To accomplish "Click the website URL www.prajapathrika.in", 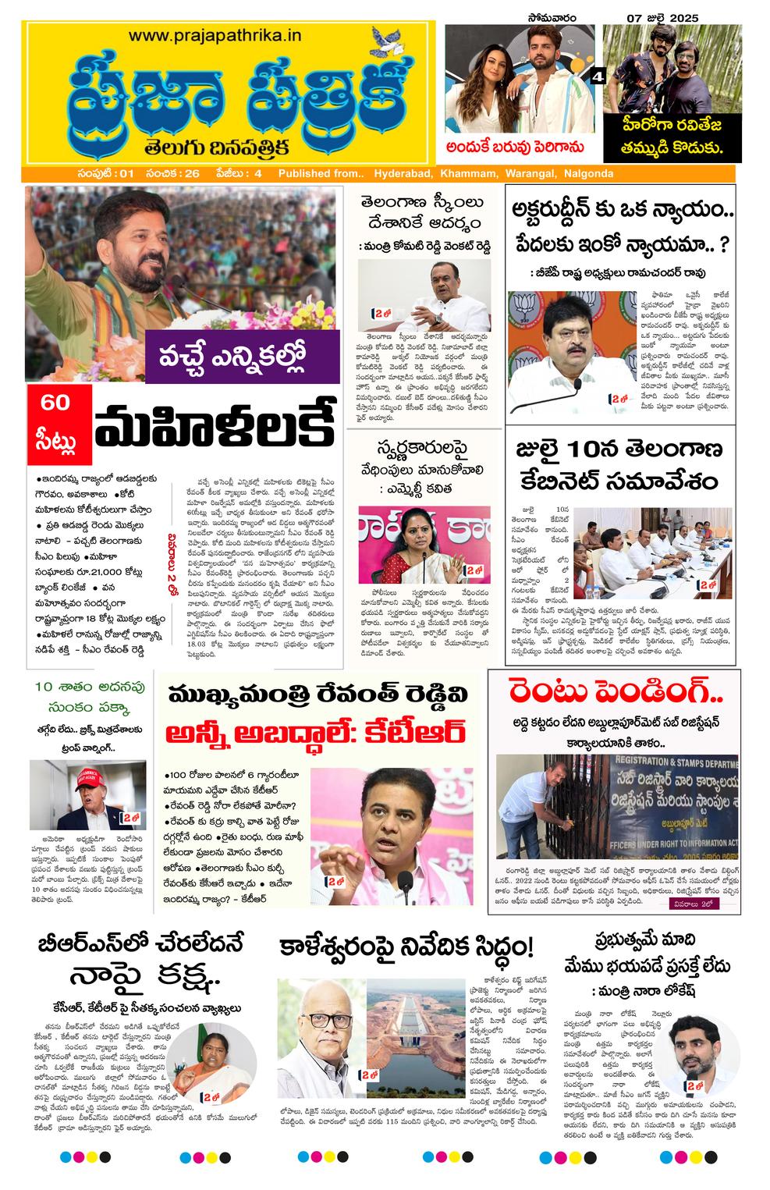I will [215, 35].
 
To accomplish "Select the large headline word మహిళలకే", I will [214, 426].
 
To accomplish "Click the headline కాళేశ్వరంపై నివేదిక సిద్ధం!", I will [406, 947].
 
